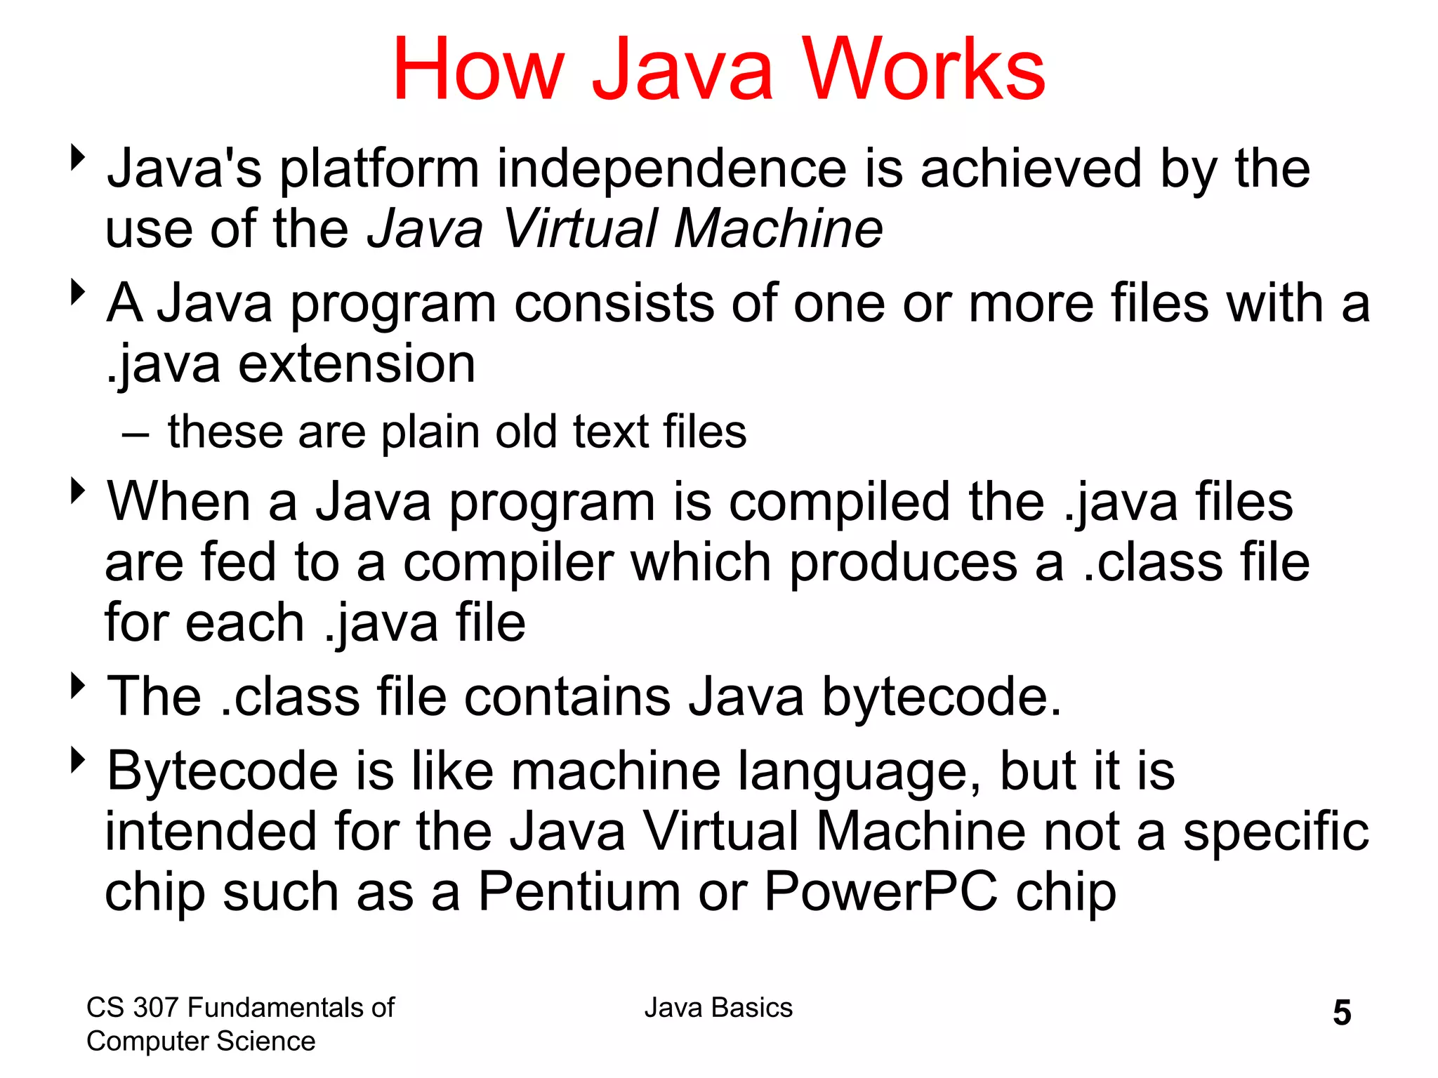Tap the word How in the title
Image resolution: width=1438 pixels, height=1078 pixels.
(x=478, y=70)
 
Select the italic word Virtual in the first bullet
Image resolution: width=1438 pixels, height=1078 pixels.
(x=580, y=229)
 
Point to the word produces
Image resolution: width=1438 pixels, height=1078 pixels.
(x=903, y=562)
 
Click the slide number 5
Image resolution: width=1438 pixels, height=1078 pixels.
(x=1342, y=1013)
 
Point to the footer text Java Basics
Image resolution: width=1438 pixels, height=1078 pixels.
(x=718, y=1008)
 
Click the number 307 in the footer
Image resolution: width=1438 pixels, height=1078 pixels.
(x=154, y=1008)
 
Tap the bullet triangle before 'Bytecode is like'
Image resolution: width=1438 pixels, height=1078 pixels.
(x=77, y=760)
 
